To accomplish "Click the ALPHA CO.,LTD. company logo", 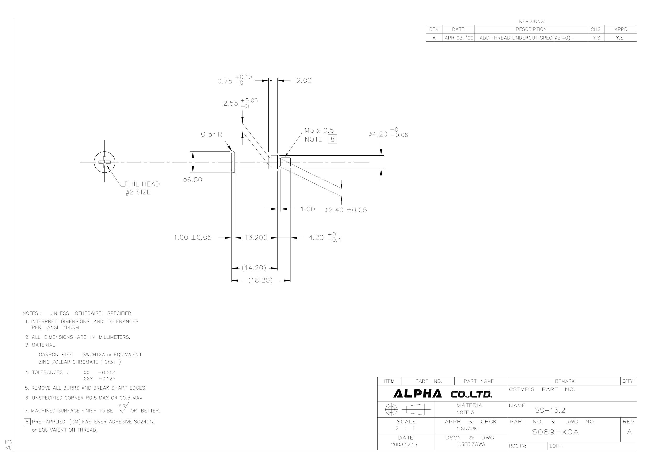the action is click(x=443, y=394).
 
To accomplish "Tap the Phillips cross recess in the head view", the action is click(x=105, y=162).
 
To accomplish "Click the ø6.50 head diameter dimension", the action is click(x=192, y=180).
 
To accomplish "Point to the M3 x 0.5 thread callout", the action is click(x=319, y=130).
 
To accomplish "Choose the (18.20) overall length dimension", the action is click(x=261, y=280).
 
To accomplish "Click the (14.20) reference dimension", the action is click(x=254, y=268).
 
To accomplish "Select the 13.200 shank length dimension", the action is click(x=256, y=237).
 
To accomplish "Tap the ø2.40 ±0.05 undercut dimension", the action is click(x=346, y=210).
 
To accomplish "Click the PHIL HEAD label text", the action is click(x=142, y=184).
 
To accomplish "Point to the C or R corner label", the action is click(x=212, y=134).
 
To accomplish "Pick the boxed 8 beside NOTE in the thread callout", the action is click(x=333, y=139).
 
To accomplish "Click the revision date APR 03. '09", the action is click(x=459, y=38).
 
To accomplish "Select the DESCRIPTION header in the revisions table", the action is click(x=531, y=29).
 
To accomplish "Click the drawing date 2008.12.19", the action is click(x=404, y=444).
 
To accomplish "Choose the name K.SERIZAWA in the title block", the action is click(x=471, y=444).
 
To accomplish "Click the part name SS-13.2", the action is click(x=550, y=410).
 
